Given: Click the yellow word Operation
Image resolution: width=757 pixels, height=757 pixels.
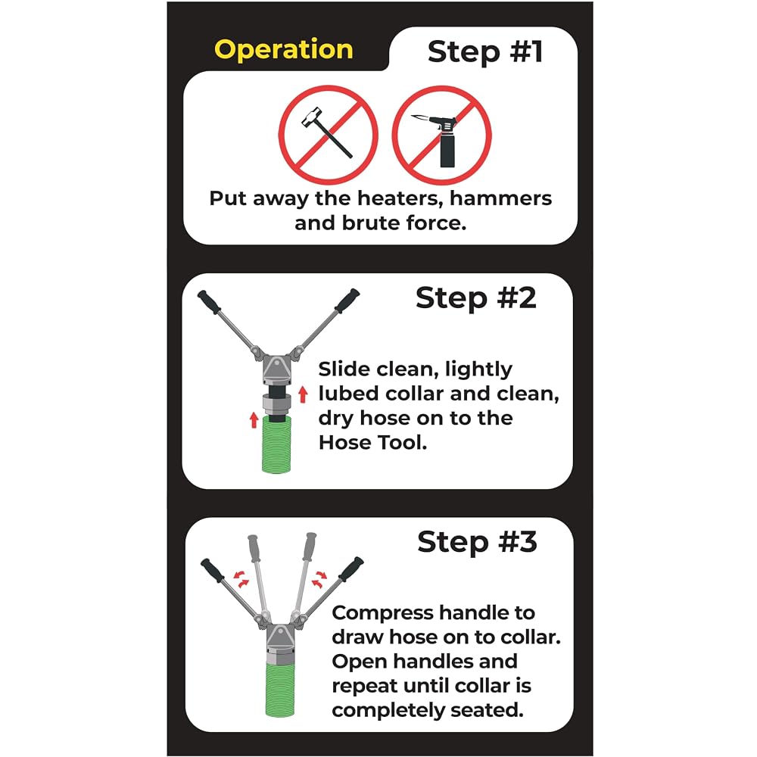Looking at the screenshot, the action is click(283, 50).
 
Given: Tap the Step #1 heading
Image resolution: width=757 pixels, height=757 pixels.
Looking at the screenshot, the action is click(485, 51).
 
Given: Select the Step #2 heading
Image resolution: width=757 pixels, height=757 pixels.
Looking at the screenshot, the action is click(475, 298).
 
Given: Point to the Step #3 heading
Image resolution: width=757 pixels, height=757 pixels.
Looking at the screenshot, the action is click(477, 542).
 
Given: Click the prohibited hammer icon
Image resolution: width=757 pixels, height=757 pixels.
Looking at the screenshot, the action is click(329, 135).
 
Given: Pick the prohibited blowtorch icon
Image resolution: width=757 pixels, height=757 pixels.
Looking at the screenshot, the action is click(442, 135).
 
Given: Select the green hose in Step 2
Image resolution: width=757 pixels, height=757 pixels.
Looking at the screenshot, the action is click(276, 444).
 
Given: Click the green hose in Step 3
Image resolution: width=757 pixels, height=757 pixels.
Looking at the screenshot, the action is click(280, 689).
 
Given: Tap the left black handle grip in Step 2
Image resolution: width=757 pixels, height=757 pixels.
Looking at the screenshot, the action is click(209, 302).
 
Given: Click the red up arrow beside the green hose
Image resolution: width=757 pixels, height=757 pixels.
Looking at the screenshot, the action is click(254, 420).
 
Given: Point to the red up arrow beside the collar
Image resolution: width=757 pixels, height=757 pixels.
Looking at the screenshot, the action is click(303, 394).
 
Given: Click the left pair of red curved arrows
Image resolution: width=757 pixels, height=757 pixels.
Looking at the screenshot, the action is click(241, 578).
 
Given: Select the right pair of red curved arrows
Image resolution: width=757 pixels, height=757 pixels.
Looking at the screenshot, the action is click(319, 578).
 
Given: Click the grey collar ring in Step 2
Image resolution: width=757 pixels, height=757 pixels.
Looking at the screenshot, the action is click(277, 403).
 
